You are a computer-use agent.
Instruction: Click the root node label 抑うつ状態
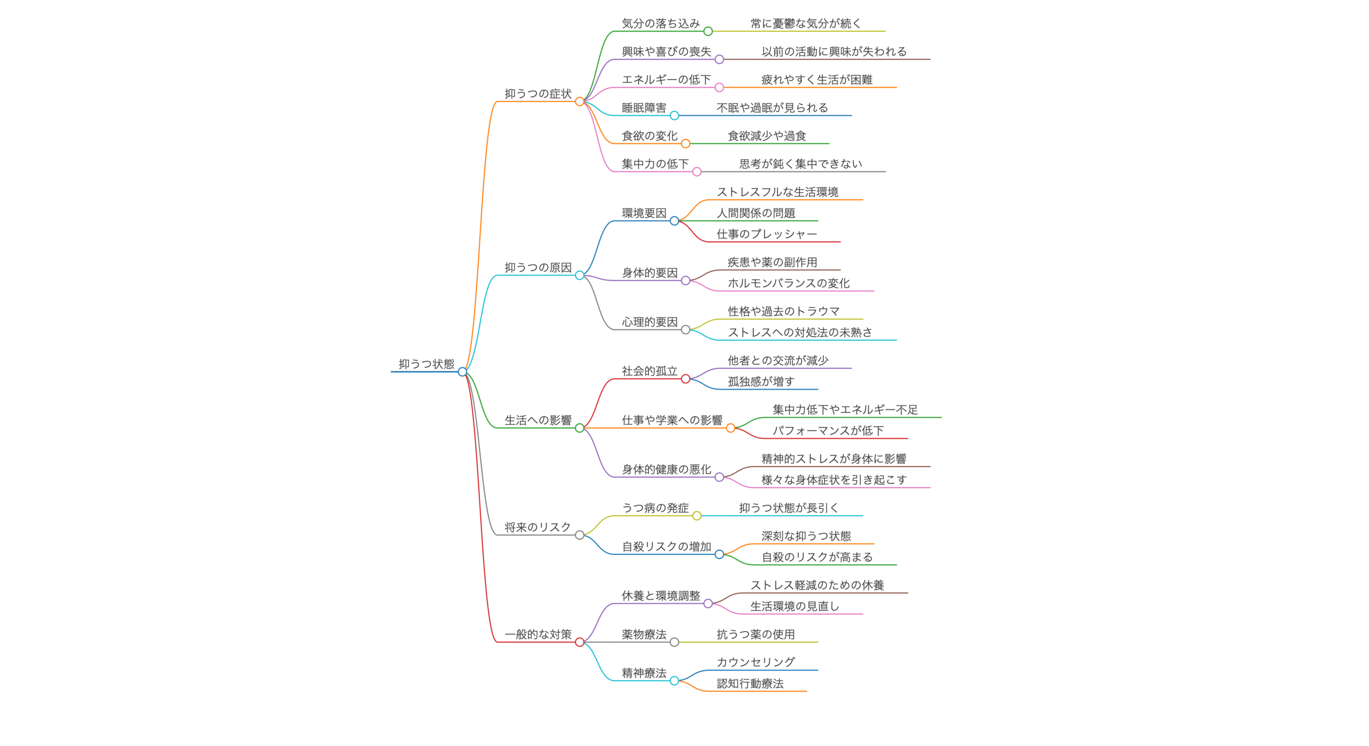[426, 364]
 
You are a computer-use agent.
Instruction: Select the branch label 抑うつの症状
[538, 94]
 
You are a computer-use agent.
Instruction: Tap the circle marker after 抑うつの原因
[580, 275]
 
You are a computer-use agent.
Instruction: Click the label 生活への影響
[538, 420]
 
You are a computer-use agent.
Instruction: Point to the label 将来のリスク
[538, 527]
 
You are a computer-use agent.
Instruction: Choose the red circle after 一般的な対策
[580, 642]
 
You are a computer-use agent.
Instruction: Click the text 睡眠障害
[644, 107]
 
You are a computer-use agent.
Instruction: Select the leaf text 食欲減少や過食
[767, 136]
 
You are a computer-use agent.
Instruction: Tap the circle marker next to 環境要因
[674, 220]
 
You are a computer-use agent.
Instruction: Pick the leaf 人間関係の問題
[756, 213]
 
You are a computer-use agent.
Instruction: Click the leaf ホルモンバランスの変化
[789, 283]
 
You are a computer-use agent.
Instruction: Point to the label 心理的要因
[650, 321]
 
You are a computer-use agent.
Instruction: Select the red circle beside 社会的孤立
[686, 379]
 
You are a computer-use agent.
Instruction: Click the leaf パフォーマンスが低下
[828, 430]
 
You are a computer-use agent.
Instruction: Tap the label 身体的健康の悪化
[666, 469]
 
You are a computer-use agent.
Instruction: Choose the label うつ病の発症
[655, 507]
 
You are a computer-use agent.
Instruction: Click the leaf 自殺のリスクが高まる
[817, 557]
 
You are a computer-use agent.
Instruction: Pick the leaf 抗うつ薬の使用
[756, 634]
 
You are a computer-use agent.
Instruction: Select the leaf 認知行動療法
[750, 683]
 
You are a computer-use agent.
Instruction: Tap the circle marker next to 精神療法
[674, 680]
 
